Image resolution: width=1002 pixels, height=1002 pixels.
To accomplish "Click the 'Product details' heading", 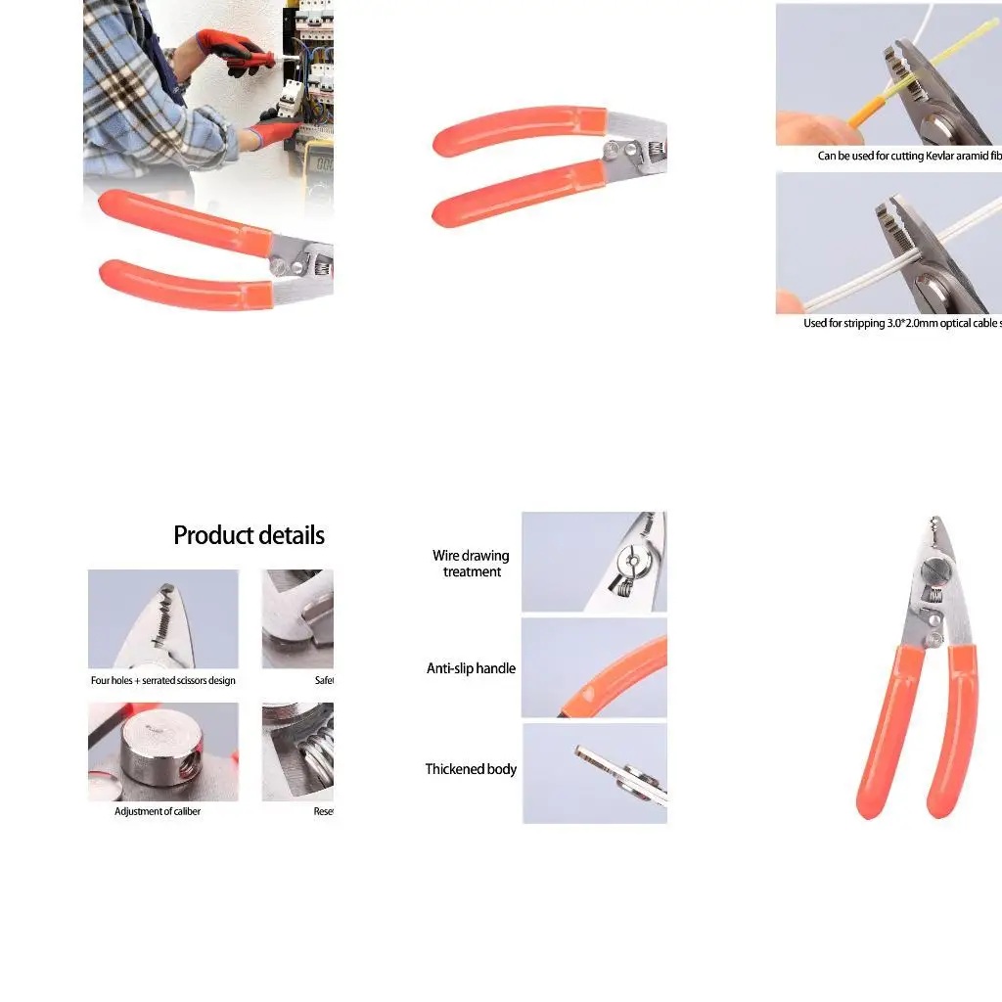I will [x=249, y=535].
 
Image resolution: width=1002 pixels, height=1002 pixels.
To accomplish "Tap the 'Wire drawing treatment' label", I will [x=471, y=564].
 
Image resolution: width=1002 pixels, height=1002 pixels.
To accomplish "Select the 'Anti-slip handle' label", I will [x=471, y=668].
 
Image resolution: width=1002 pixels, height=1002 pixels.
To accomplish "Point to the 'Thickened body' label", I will [x=471, y=769].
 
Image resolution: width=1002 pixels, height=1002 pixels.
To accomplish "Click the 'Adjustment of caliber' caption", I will [x=158, y=811].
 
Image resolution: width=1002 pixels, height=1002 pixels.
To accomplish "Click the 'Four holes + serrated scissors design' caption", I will [x=163, y=680].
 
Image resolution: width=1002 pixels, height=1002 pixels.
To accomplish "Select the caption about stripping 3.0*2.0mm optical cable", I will [x=901, y=323].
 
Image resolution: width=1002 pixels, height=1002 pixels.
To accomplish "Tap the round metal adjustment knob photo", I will [x=163, y=751].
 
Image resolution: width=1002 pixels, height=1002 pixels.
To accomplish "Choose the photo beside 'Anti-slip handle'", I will [x=594, y=668].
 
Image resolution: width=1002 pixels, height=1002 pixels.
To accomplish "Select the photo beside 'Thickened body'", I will [x=594, y=773].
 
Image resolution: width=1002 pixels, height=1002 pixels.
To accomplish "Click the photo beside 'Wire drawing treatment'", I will [x=594, y=562].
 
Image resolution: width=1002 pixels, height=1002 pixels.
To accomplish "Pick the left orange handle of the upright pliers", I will [x=880, y=734].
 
